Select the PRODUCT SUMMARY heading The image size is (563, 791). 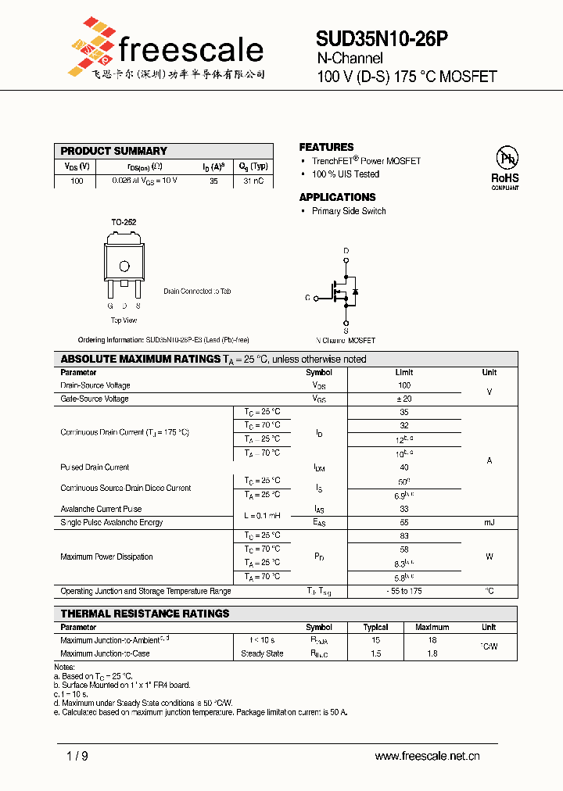(x=114, y=151)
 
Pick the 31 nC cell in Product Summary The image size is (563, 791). (x=253, y=181)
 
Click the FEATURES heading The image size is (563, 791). (x=326, y=147)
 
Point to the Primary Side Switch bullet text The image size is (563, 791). (x=349, y=211)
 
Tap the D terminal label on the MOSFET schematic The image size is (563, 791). (x=346, y=251)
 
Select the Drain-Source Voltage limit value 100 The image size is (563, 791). (x=404, y=385)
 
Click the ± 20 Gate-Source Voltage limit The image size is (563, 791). (x=404, y=399)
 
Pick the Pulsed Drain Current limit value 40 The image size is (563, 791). (x=404, y=467)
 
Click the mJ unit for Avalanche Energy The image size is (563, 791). (x=489, y=522)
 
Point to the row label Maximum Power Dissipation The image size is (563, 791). (x=106, y=557)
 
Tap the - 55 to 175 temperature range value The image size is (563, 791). (x=404, y=591)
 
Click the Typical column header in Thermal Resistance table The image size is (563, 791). (x=376, y=627)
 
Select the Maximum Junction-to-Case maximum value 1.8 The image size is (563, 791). (x=432, y=653)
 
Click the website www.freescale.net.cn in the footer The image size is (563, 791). (x=427, y=756)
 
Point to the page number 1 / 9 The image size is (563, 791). (x=77, y=756)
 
